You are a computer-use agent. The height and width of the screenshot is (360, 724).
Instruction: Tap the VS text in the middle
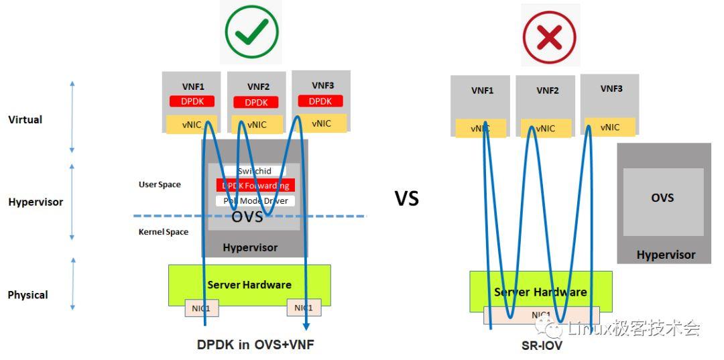click(x=406, y=198)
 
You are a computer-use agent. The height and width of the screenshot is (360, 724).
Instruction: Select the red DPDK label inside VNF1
click(x=192, y=101)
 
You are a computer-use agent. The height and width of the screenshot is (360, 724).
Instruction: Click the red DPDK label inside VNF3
click(x=320, y=101)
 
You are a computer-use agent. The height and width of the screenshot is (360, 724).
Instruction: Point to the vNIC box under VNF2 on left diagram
click(x=257, y=125)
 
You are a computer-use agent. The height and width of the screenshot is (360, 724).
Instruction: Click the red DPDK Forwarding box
click(x=255, y=186)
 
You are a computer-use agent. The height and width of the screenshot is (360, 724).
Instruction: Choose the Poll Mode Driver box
click(x=255, y=200)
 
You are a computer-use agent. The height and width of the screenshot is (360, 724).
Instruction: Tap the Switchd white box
click(x=255, y=172)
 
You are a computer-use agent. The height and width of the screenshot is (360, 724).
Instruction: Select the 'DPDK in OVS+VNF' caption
click(x=255, y=345)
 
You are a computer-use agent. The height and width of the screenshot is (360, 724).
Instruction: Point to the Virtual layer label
click(x=25, y=119)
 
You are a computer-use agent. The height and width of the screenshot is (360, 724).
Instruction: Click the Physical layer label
click(x=27, y=295)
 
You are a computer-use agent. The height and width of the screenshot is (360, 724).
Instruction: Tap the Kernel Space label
click(x=164, y=232)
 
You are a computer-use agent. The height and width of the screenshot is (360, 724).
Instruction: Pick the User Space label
click(x=160, y=184)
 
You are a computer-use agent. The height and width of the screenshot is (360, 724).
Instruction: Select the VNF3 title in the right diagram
click(x=611, y=88)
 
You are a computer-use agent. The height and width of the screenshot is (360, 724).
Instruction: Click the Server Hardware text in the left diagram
click(x=249, y=285)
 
